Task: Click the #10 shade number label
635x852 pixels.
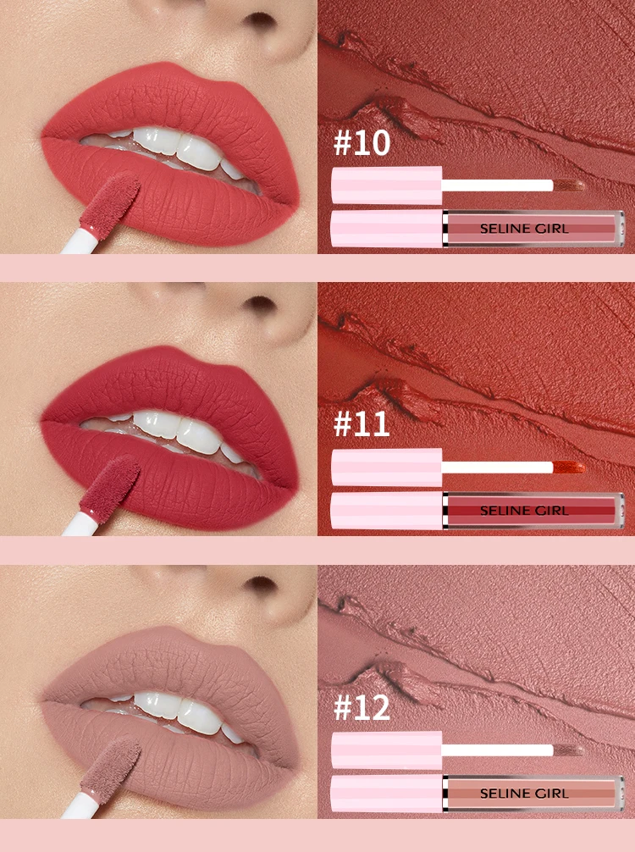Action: click(362, 143)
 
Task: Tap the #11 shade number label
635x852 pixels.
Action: click(362, 423)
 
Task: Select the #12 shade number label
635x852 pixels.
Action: click(362, 707)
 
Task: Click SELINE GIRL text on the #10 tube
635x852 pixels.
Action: click(524, 229)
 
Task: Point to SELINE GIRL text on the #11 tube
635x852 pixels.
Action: click(524, 511)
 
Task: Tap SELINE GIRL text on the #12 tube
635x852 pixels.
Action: click(524, 794)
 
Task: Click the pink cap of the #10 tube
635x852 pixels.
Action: click(387, 229)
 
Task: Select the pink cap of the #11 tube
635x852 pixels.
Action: click(387, 511)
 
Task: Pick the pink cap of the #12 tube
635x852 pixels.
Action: click(387, 794)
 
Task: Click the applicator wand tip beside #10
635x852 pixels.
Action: click(569, 185)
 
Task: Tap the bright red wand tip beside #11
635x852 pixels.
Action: click(569, 467)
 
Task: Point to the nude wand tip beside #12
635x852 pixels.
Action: click(569, 750)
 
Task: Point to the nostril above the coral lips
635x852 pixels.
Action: click(260, 19)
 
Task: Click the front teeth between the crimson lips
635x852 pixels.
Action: click(178, 429)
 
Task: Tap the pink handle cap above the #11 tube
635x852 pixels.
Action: click(387, 467)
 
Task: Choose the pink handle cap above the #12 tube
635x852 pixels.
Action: click(387, 750)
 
